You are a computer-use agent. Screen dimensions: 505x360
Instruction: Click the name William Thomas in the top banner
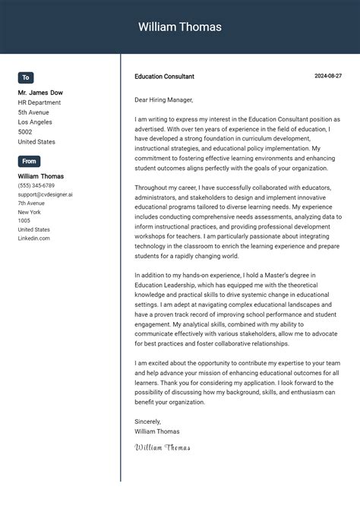pos(180,27)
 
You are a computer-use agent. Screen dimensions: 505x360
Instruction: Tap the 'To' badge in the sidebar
pos(26,77)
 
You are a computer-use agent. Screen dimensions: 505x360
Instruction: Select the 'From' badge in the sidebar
pos(29,161)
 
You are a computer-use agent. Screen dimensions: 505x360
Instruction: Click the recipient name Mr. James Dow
pos(40,93)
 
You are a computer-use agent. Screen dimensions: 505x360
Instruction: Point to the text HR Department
pos(39,103)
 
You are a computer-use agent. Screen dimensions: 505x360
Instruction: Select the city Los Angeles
pos(35,122)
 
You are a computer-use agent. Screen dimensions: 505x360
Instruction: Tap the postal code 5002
pos(26,132)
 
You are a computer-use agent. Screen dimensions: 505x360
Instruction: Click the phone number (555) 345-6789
pos(36,185)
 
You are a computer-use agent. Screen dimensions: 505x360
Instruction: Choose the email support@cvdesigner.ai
pos(46,194)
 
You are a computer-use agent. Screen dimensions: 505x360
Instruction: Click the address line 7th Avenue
pos(32,204)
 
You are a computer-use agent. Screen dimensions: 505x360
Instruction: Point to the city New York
pos(30,212)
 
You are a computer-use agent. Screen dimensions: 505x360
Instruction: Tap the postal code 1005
pos(24,221)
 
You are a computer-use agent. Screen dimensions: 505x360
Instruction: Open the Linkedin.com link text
pos(34,238)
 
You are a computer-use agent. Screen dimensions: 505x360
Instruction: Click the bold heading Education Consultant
pos(164,77)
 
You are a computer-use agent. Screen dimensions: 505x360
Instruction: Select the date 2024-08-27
pos(328,76)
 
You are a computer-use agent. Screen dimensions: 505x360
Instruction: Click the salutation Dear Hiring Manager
pos(164,99)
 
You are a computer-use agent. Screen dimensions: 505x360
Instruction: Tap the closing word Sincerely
pos(148,421)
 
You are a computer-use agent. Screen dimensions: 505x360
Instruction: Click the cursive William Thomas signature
pos(162,447)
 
